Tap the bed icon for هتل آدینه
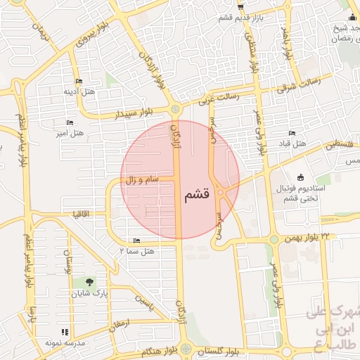(x=78, y=81)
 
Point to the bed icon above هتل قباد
(x=292, y=133)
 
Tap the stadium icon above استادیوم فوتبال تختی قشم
(x=302, y=176)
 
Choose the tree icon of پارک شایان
(x=88, y=283)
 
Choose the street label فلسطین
(x=340, y=145)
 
